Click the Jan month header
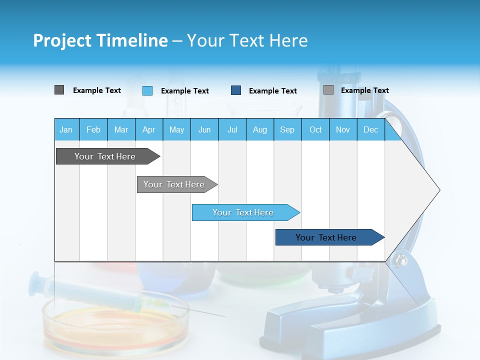66,130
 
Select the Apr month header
148,130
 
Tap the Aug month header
259,130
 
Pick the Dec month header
370,130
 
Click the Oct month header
315,130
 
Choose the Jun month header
204,130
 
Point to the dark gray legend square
59,90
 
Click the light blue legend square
147,90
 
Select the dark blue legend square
236,90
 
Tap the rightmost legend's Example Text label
364,90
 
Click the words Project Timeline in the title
100,40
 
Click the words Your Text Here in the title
247,40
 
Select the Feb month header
93,130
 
